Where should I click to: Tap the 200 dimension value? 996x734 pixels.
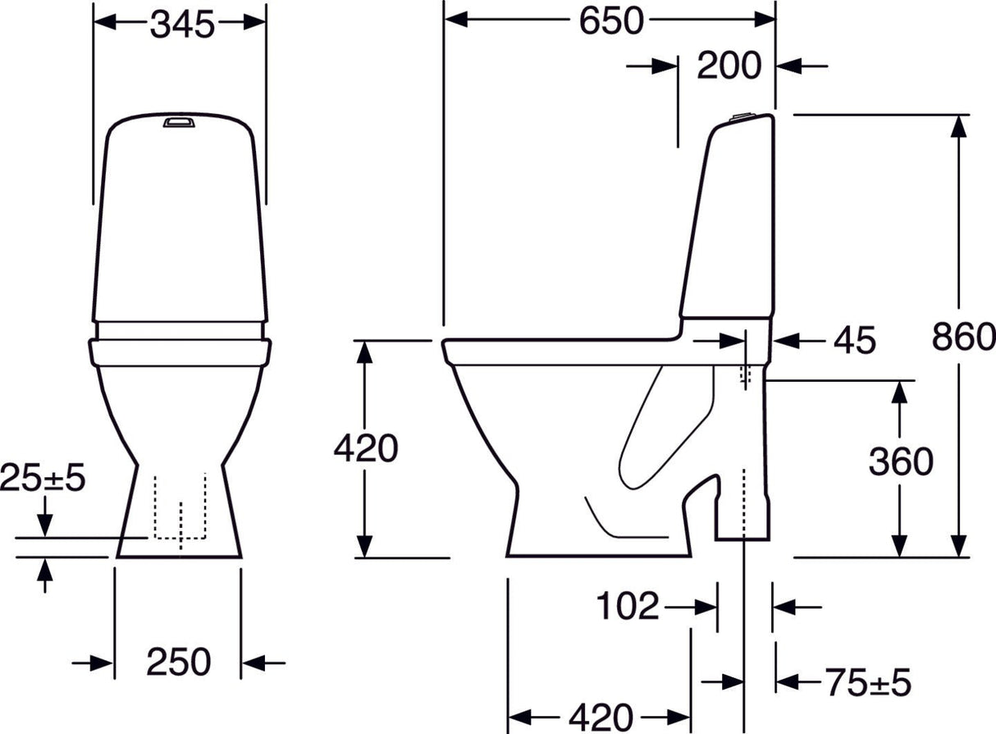click(x=729, y=66)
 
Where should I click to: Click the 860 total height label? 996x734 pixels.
click(x=964, y=337)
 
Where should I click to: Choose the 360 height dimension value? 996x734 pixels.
click(x=900, y=462)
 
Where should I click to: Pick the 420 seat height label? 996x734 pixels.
click(x=365, y=448)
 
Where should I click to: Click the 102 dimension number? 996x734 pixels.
click(x=627, y=607)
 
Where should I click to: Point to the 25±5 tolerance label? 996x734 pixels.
click(x=43, y=479)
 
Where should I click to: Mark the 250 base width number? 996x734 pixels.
click(x=178, y=662)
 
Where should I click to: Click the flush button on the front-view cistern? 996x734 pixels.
click(x=180, y=122)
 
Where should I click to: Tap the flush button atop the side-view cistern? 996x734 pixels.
click(x=739, y=117)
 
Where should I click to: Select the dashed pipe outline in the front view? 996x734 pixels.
click(x=179, y=509)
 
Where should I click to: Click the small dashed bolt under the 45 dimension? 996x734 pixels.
click(x=746, y=375)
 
